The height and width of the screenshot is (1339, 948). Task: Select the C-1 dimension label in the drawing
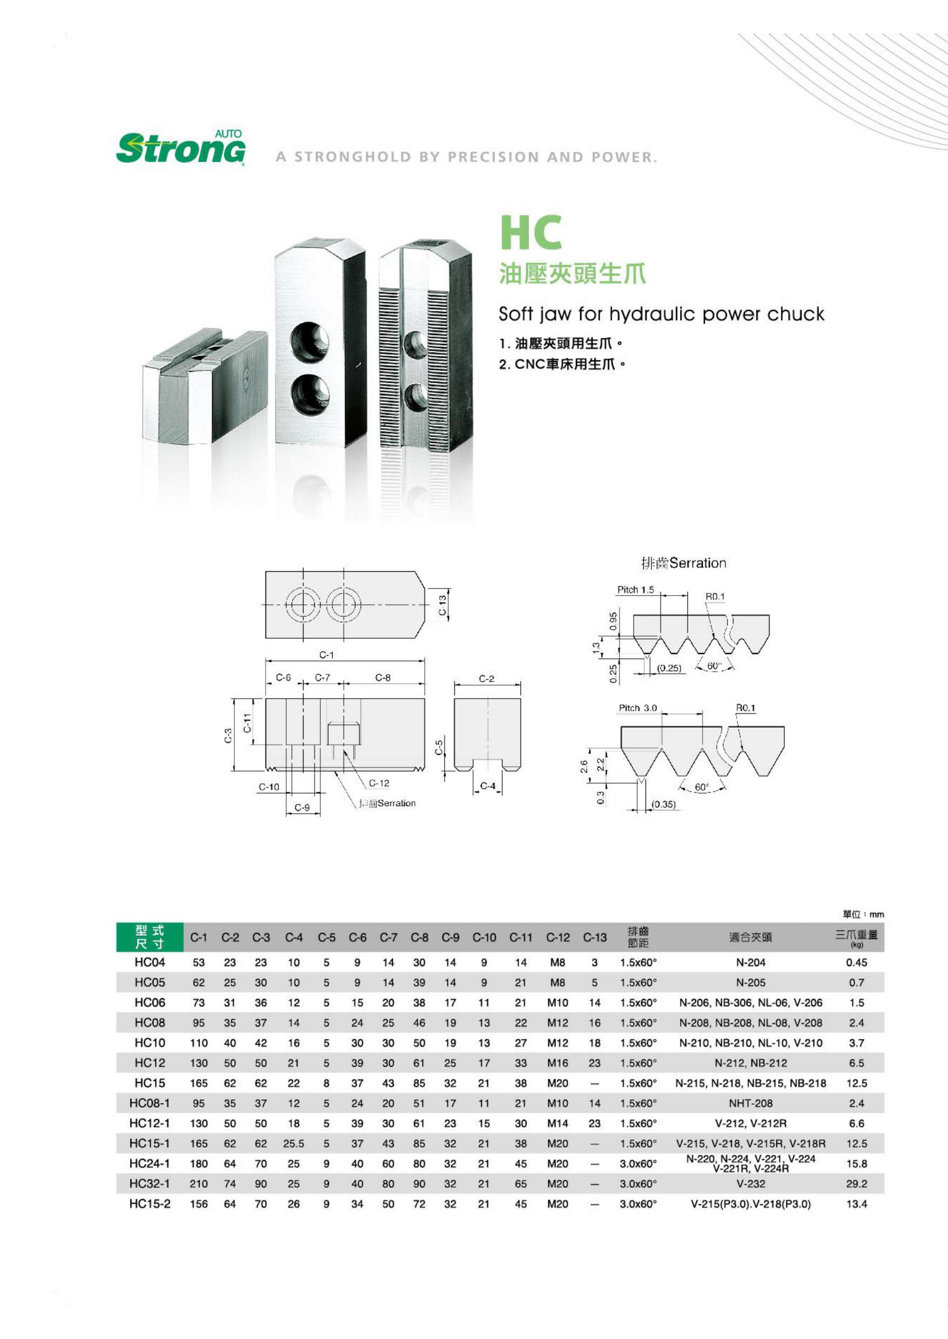point(326,655)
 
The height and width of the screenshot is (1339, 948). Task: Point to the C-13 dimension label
point(442,605)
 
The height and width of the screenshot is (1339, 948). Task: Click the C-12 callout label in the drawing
point(379,783)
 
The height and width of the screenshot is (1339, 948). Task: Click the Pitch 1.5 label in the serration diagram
point(635,590)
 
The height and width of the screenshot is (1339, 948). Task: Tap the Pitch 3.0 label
point(637,708)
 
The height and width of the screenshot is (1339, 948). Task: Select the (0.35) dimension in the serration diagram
point(663,804)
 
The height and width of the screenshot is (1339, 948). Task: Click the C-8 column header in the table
point(419,938)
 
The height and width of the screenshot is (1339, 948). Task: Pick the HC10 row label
point(150,1043)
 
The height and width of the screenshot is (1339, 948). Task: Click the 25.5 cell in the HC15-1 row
point(294,1144)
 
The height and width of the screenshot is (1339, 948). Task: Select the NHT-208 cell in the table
point(750,1103)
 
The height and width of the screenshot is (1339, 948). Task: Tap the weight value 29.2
point(856,1184)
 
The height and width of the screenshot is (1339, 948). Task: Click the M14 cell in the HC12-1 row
point(557,1123)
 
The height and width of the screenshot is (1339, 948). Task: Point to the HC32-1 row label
point(150,1184)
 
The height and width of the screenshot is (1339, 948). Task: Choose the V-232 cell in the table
point(750,1184)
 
